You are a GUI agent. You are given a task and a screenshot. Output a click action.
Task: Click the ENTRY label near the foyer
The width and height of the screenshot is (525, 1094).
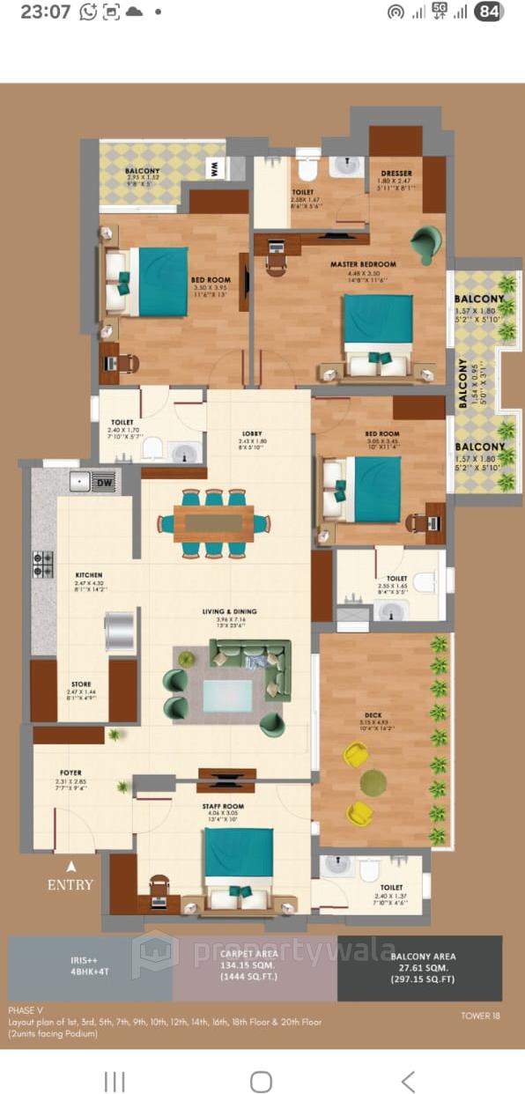coord(70,884)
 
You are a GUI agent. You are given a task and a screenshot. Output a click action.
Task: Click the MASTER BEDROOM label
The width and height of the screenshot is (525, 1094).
coord(363,263)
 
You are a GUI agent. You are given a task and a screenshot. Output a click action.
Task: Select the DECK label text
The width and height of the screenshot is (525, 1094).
coord(372,715)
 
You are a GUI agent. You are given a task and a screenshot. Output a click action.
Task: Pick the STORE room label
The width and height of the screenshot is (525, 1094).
coord(81,684)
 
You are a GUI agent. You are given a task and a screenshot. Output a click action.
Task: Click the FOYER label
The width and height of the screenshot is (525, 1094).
coord(70,772)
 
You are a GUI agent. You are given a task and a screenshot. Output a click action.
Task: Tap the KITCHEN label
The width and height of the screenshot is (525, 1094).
coord(89,574)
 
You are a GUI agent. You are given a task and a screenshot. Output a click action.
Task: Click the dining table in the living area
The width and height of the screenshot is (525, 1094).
coord(213,523)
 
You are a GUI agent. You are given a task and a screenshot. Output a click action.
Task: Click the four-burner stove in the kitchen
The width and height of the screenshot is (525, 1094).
coord(43,564)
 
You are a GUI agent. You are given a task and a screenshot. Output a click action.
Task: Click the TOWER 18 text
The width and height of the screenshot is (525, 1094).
coord(481,1016)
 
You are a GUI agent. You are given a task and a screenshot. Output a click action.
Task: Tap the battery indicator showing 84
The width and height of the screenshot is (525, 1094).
coord(489,11)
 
